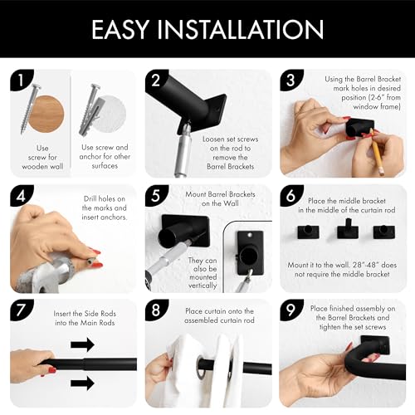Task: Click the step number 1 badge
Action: click(x=21, y=81)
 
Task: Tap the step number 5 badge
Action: click(x=156, y=195)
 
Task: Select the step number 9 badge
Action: click(x=290, y=310)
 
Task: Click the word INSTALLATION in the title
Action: click(x=241, y=29)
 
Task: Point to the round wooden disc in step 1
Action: click(x=46, y=114)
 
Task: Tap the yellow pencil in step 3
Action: click(x=377, y=152)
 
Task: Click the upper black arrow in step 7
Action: click(x=82, y=344)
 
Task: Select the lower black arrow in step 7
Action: click(x=82, y=383)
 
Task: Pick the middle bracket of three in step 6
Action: click(x=348, y=229)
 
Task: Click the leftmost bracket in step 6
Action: click(x=308, y=232)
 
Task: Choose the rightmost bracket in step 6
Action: click(x=384, y=232)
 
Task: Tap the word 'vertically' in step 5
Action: click(x=203, y=286)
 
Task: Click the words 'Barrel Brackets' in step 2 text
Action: click(x=231, y=167)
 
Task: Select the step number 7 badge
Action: click(x=21, y=310)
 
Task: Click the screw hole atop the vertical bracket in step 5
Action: click(x=250, y=235)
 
